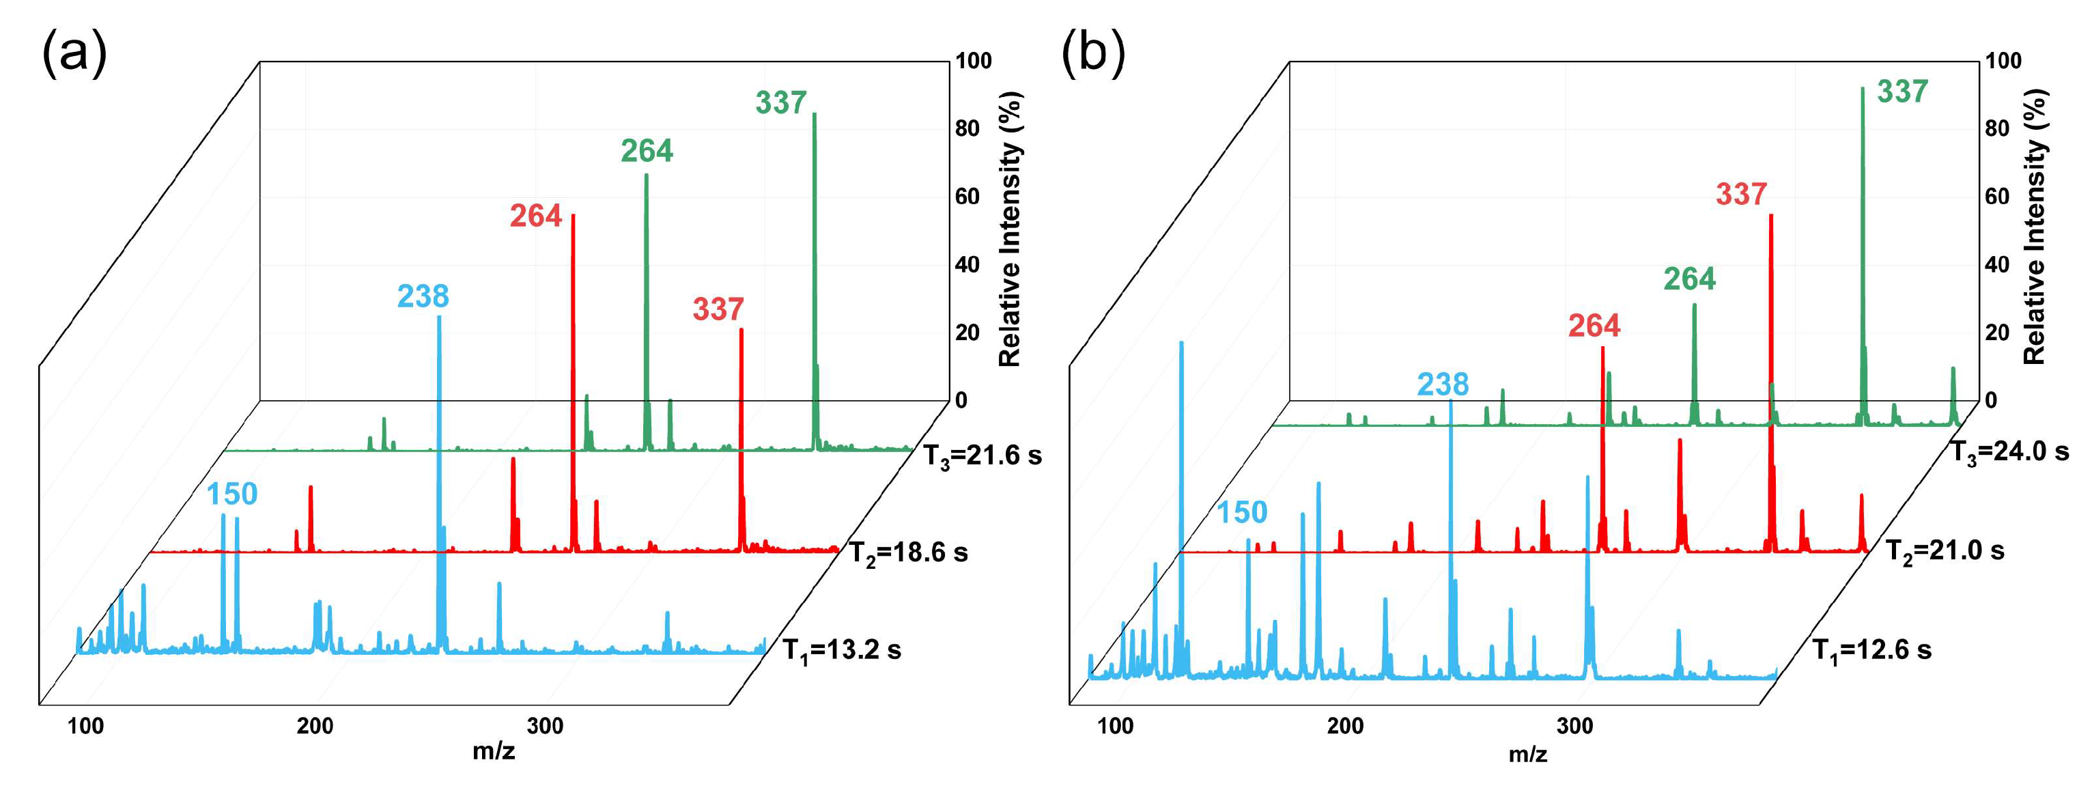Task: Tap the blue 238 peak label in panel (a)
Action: coord(423,296)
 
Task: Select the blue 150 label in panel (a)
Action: coord(231,494)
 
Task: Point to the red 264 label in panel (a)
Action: coord(535,216)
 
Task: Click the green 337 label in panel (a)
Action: coord(780,103)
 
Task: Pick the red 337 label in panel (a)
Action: coord(718,309)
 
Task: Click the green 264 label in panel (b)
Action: coord(1689,279)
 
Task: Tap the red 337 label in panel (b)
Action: coord(1741,194)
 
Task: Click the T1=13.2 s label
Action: coord(841,650)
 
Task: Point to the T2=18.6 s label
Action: coord(908,553)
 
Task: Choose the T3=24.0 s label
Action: coord(2009,452)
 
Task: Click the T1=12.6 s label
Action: coord(1872,650)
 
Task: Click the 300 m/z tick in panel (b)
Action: coord(1574,726)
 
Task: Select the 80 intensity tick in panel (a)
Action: coord(967,128)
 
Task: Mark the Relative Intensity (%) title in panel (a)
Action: coord(1008,229)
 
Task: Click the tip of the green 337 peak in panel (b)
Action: coord(1862,89)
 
